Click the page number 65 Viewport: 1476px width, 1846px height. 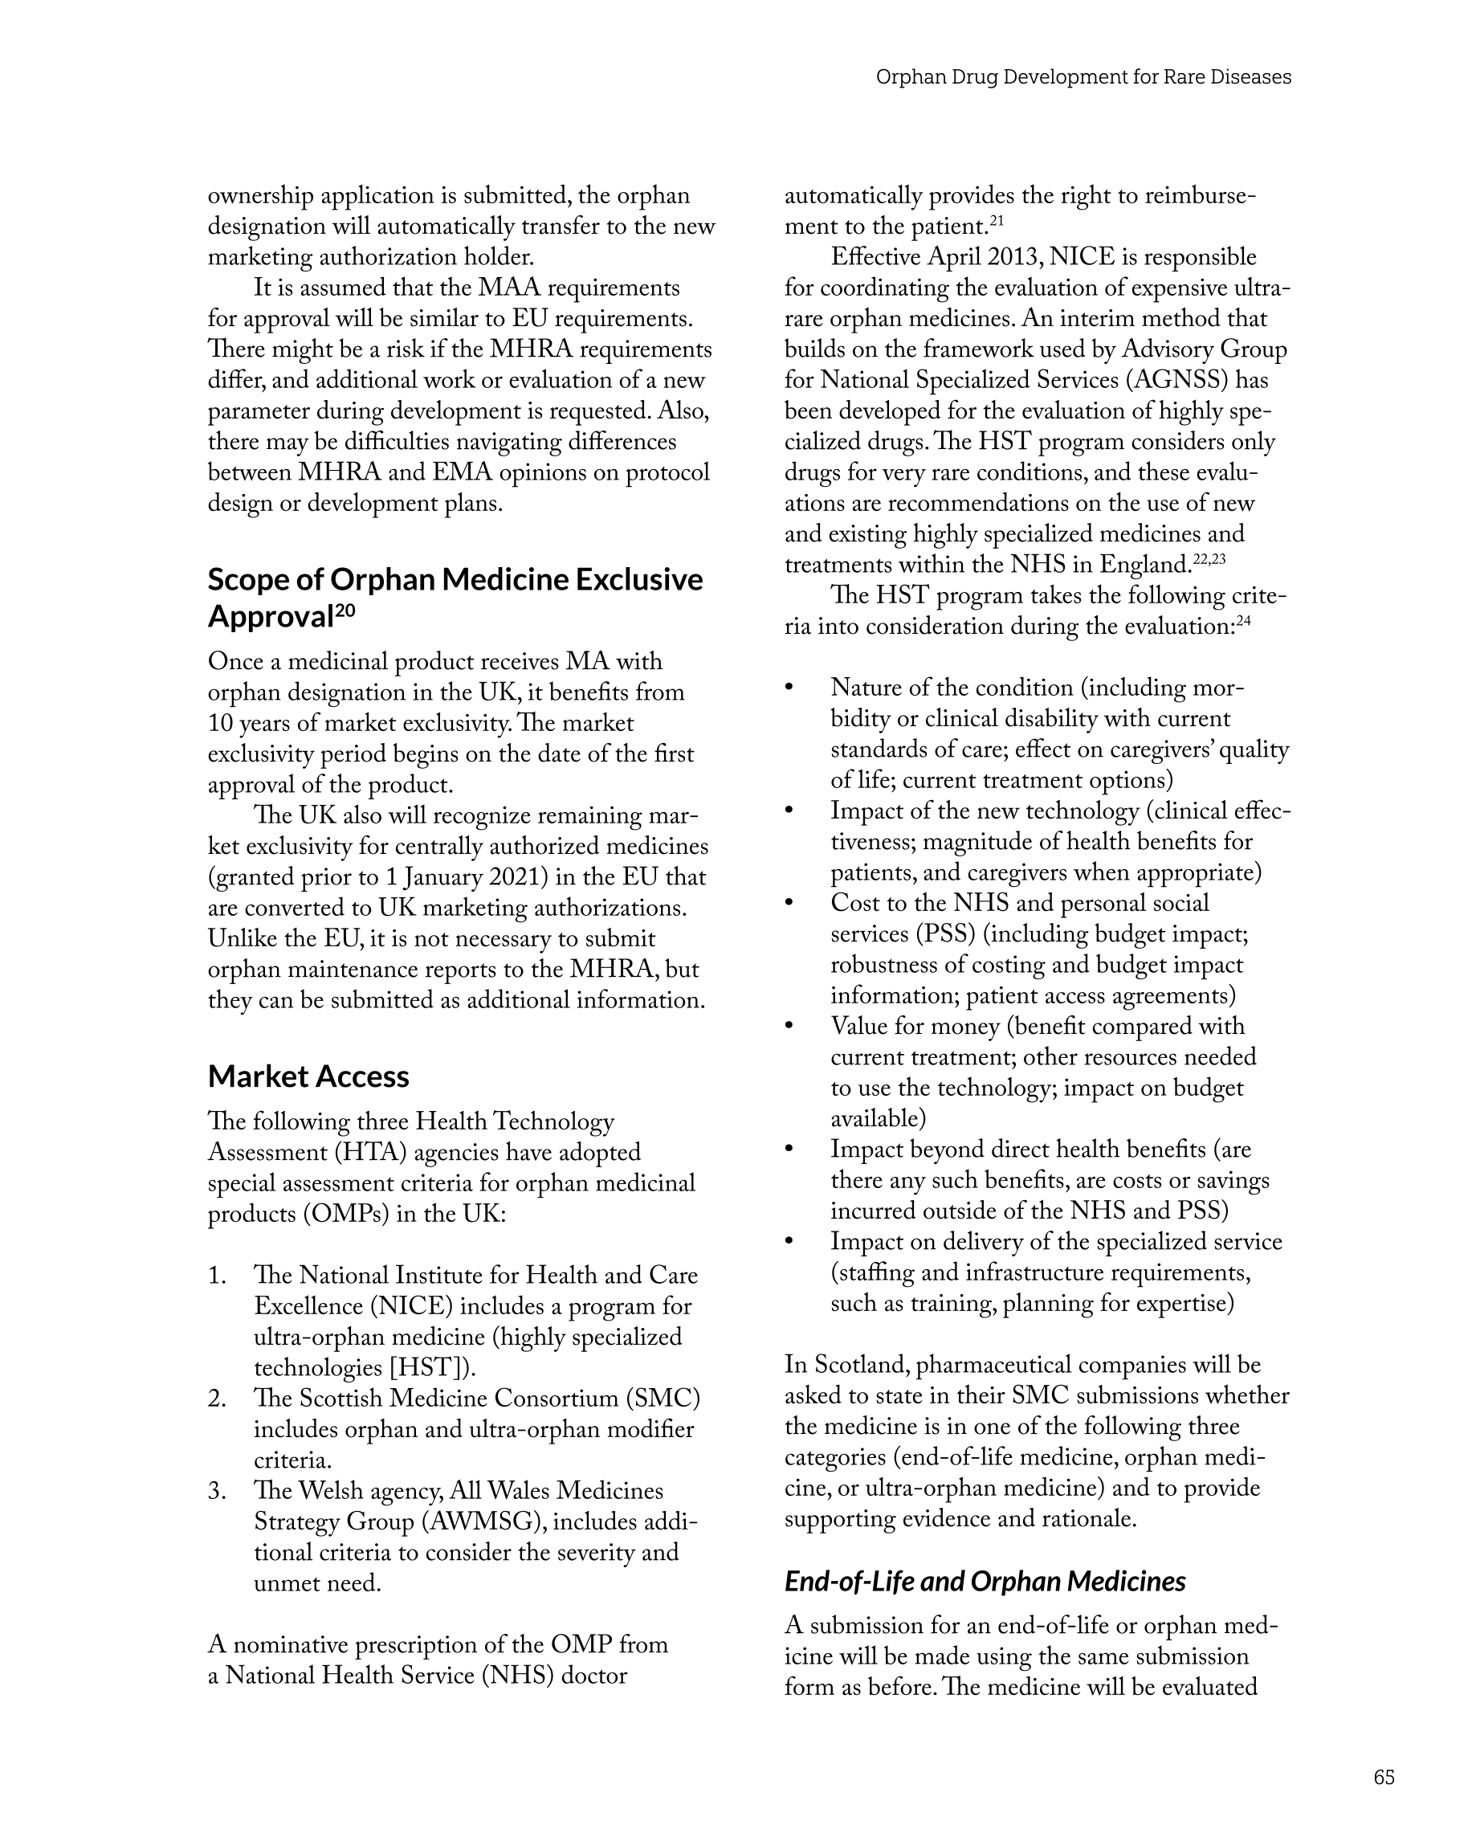[1384, 1777]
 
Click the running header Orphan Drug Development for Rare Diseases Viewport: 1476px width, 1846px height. [1083, 77]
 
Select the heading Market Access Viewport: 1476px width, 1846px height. [308, 1076]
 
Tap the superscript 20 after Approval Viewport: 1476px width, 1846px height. [345, 610]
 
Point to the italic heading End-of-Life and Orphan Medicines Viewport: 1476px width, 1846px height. [985, 1581]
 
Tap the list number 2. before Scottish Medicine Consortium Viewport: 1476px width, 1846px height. [217, 1399]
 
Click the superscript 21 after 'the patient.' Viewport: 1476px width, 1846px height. [997, 222]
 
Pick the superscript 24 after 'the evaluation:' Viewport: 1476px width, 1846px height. [1243, 622]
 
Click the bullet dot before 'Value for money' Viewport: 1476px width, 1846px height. [789, 1027]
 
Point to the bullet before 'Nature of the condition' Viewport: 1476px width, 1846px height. [789, 688]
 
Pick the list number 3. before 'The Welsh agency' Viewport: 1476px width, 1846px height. [217, 1491]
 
